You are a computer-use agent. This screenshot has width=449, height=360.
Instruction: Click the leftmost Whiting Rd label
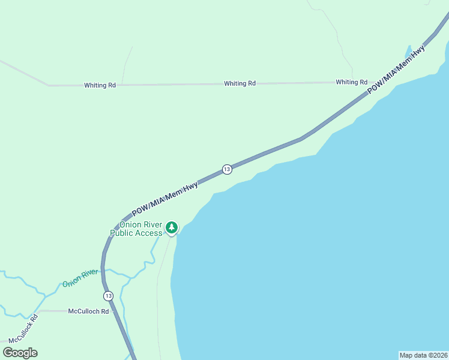(100, 85)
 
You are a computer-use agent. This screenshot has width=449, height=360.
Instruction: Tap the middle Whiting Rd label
(240, 83)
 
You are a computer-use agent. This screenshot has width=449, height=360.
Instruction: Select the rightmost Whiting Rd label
(351, 82)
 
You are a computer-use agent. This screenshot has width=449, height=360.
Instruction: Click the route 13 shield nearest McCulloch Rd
(108, 296)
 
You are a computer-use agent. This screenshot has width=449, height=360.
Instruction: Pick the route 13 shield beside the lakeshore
(226, 169)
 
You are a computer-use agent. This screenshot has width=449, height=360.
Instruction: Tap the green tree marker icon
(172, 227)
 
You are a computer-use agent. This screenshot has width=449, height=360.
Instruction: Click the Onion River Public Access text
(136, 229)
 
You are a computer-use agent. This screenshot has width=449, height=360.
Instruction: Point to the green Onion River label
(80, 278)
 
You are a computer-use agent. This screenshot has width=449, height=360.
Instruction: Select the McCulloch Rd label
(88, 311)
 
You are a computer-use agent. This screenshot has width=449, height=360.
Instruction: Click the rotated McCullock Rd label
(23, 328)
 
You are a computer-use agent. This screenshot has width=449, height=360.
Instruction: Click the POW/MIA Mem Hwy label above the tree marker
(165, 199)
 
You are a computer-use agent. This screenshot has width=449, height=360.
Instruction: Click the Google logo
(20, 353)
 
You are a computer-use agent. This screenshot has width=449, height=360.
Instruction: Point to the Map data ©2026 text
(423, 355)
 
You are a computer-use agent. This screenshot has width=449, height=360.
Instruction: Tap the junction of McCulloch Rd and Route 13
(114, 311)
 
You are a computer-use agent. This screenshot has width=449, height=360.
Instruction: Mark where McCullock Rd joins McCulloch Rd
(38, 312)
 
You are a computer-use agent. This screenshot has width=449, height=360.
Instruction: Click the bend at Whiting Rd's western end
(49, 85)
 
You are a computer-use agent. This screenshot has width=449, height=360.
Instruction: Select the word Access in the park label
(148, 233)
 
